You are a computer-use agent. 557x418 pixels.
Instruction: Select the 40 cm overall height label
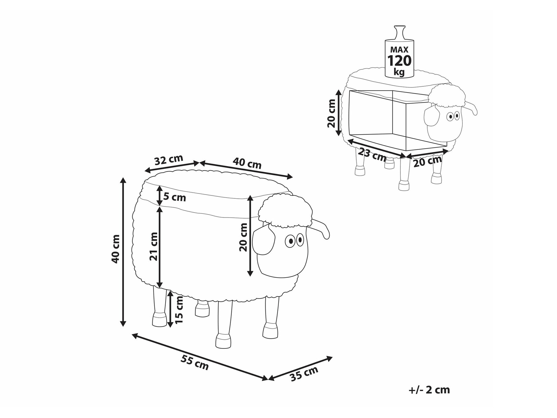coord(115,249)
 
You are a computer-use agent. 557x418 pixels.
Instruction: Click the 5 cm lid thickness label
coord(175,197)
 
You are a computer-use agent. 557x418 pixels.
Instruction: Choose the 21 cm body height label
coord(154,246)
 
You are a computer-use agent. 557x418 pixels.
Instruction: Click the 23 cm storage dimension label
coord(372,155)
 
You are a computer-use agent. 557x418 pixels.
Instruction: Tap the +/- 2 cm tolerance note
coord(429,390)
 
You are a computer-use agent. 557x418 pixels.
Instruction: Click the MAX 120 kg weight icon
coord(399,52)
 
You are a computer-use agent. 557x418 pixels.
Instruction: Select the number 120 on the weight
coord(399,60)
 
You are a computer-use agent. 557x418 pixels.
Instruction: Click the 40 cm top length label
coord(247,163)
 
